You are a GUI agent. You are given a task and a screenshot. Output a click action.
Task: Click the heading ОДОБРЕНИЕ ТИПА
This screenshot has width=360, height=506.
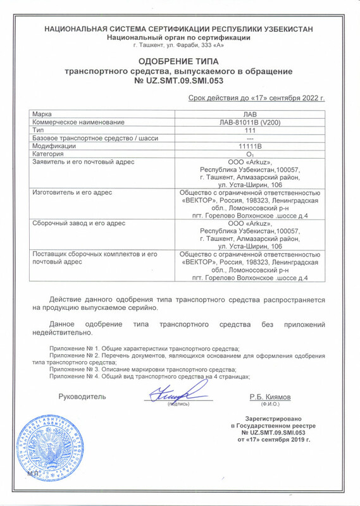tap(183, 62)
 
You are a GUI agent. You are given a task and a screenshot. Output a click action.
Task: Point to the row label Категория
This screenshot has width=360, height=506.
tap(47, 154)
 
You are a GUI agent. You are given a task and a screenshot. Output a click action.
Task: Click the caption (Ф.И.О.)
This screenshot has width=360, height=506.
tap(270, 404)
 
